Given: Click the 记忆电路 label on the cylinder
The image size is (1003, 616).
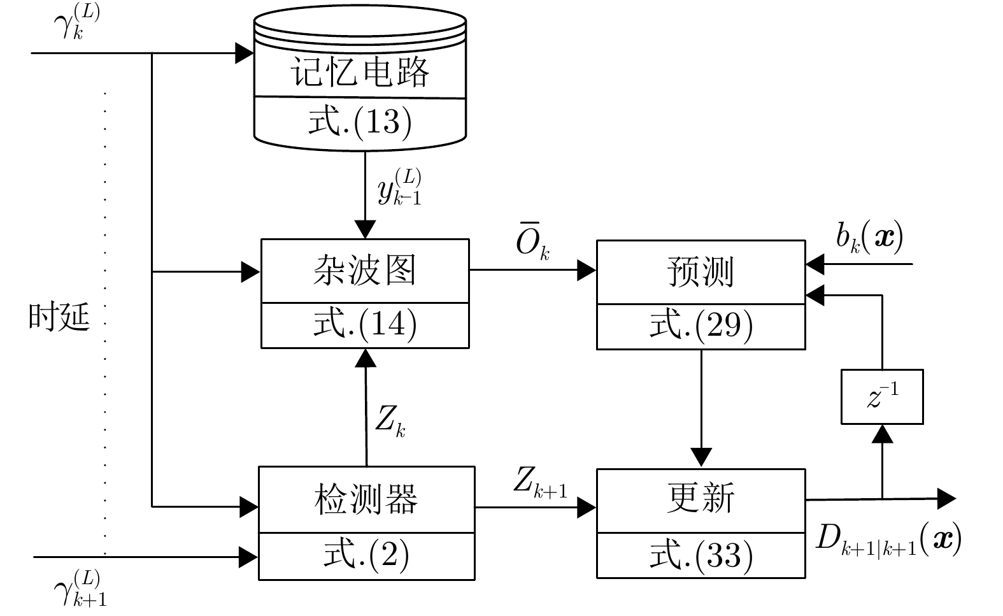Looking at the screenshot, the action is (x=360, y=72).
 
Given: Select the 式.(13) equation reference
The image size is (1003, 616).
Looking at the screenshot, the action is (x=360, y=122).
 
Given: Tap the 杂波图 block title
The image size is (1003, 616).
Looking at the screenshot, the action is (x=364, y=270).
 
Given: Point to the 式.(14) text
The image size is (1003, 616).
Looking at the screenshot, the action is (x=365, y=324).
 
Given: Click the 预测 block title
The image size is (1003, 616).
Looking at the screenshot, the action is (x=701, y=271).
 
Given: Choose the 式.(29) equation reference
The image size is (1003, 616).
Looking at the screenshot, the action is (x=701, y=326).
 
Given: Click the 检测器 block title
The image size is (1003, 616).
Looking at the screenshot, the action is (x=366, y=499).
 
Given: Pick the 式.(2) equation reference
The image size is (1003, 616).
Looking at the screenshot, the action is (x=366, y=555).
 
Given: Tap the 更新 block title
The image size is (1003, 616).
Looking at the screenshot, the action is (x=701, y=498).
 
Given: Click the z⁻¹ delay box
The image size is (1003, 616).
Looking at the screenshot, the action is (x=882, y=396).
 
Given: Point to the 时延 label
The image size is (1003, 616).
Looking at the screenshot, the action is (x=59, y=317).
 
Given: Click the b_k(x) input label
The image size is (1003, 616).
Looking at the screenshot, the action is (x=869, y=237).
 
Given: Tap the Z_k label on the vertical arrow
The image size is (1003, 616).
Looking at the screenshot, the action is (x=390, y=420).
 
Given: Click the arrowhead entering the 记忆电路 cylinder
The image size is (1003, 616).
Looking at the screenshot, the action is (x=245, y=54).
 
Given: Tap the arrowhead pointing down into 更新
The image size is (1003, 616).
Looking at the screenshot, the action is (x=701, y=457).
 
